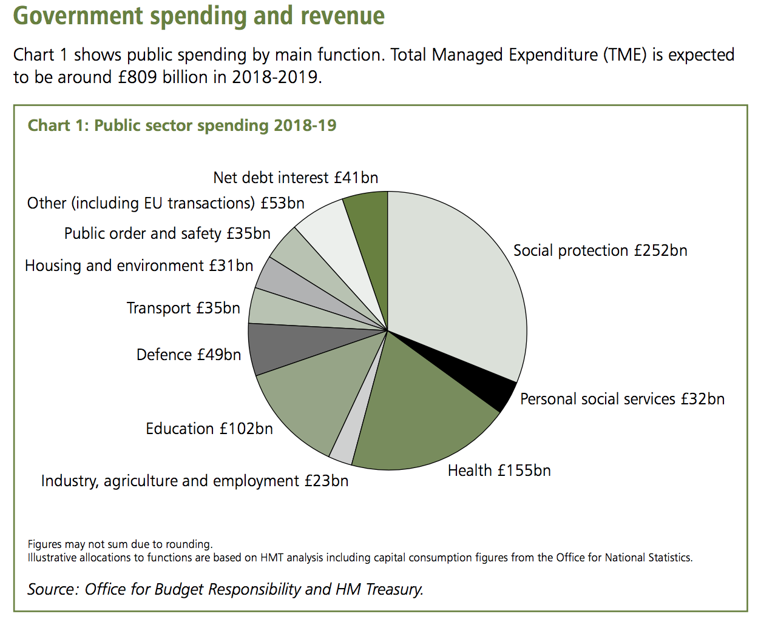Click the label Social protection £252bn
click(x=600, y=250)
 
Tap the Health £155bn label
click(x=499, y=470)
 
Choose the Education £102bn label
click(x=209, y=429)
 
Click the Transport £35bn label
click(x=183, y=308)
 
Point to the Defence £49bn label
click(x=188, y=355)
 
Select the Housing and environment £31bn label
click(x=139, y=266)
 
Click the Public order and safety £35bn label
click(x=167, y=233)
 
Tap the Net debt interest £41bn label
click(x=296, y=178)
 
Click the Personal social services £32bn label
click(x=622, y=399)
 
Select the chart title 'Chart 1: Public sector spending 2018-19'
click(x=182, y=125)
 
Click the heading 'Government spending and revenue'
click(x=199, y=16)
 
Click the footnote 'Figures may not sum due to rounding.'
click(x=120, y=544)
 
